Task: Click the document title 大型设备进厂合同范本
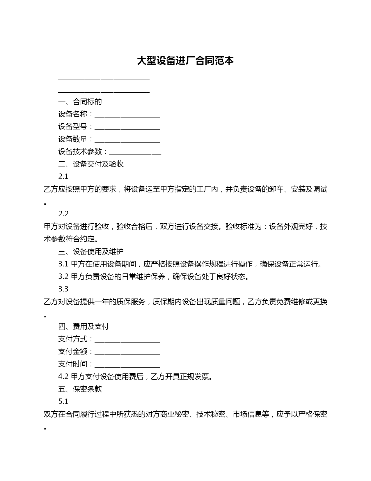point(185,61)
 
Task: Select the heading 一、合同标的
point(80,102)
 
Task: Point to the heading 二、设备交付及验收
point(91,164)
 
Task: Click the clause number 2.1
point(63,177)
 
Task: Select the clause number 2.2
point(63,214)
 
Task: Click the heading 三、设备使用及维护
point(91,252)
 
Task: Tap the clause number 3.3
point(63,289)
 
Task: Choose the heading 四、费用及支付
point(84,326)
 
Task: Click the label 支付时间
point(73,364)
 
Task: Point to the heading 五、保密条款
point(80,389)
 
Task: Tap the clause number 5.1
point(63,402)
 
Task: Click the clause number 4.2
point(63,377)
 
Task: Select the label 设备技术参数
point(80,152)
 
